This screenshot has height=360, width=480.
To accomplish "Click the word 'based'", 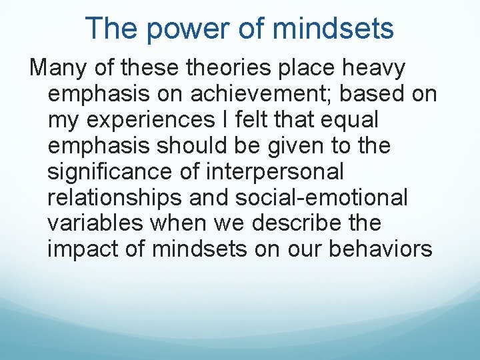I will [x=373, y=94].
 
